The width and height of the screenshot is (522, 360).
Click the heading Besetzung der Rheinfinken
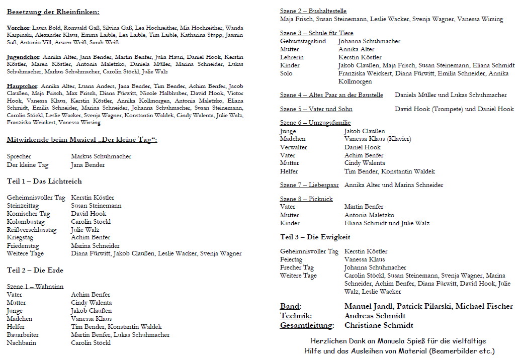tap(53, 12)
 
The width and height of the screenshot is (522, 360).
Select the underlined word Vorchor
tap(18, 28)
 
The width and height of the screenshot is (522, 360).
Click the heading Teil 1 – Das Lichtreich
tap(44, 181)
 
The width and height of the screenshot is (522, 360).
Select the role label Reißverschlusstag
tap(32, 229)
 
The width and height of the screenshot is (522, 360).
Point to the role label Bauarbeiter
tap(23, 335)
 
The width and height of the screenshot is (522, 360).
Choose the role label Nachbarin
tap(22, 343)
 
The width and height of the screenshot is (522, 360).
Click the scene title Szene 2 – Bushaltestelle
tap(313, 11)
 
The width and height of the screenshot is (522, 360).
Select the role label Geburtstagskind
tap(303, 41)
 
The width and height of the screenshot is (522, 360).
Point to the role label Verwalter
tap(293, 147)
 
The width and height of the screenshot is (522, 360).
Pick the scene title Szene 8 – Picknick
tap(306, 199)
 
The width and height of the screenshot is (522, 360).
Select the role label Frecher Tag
tap(297, 267)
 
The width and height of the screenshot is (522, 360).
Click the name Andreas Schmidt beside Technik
tap(375, 316)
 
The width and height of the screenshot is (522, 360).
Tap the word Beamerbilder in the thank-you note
tap(449, 350)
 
